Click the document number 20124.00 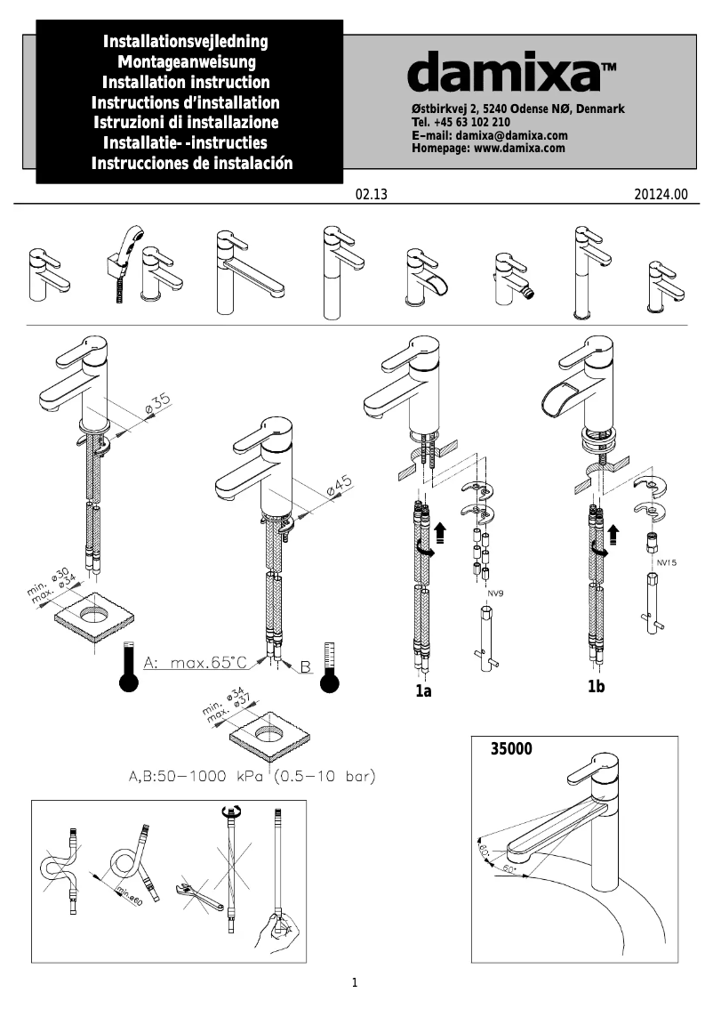[x=661, y=194]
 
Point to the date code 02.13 [x=372, y=194]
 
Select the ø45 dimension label [x=339, y=486]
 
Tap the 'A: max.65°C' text [x=196, y=663]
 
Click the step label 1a [x=423, y=691]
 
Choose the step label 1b [x=596, y=687]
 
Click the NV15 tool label [x=667, y=562]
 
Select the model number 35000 [x=511, y=749]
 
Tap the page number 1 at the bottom [x=355, y=983]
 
